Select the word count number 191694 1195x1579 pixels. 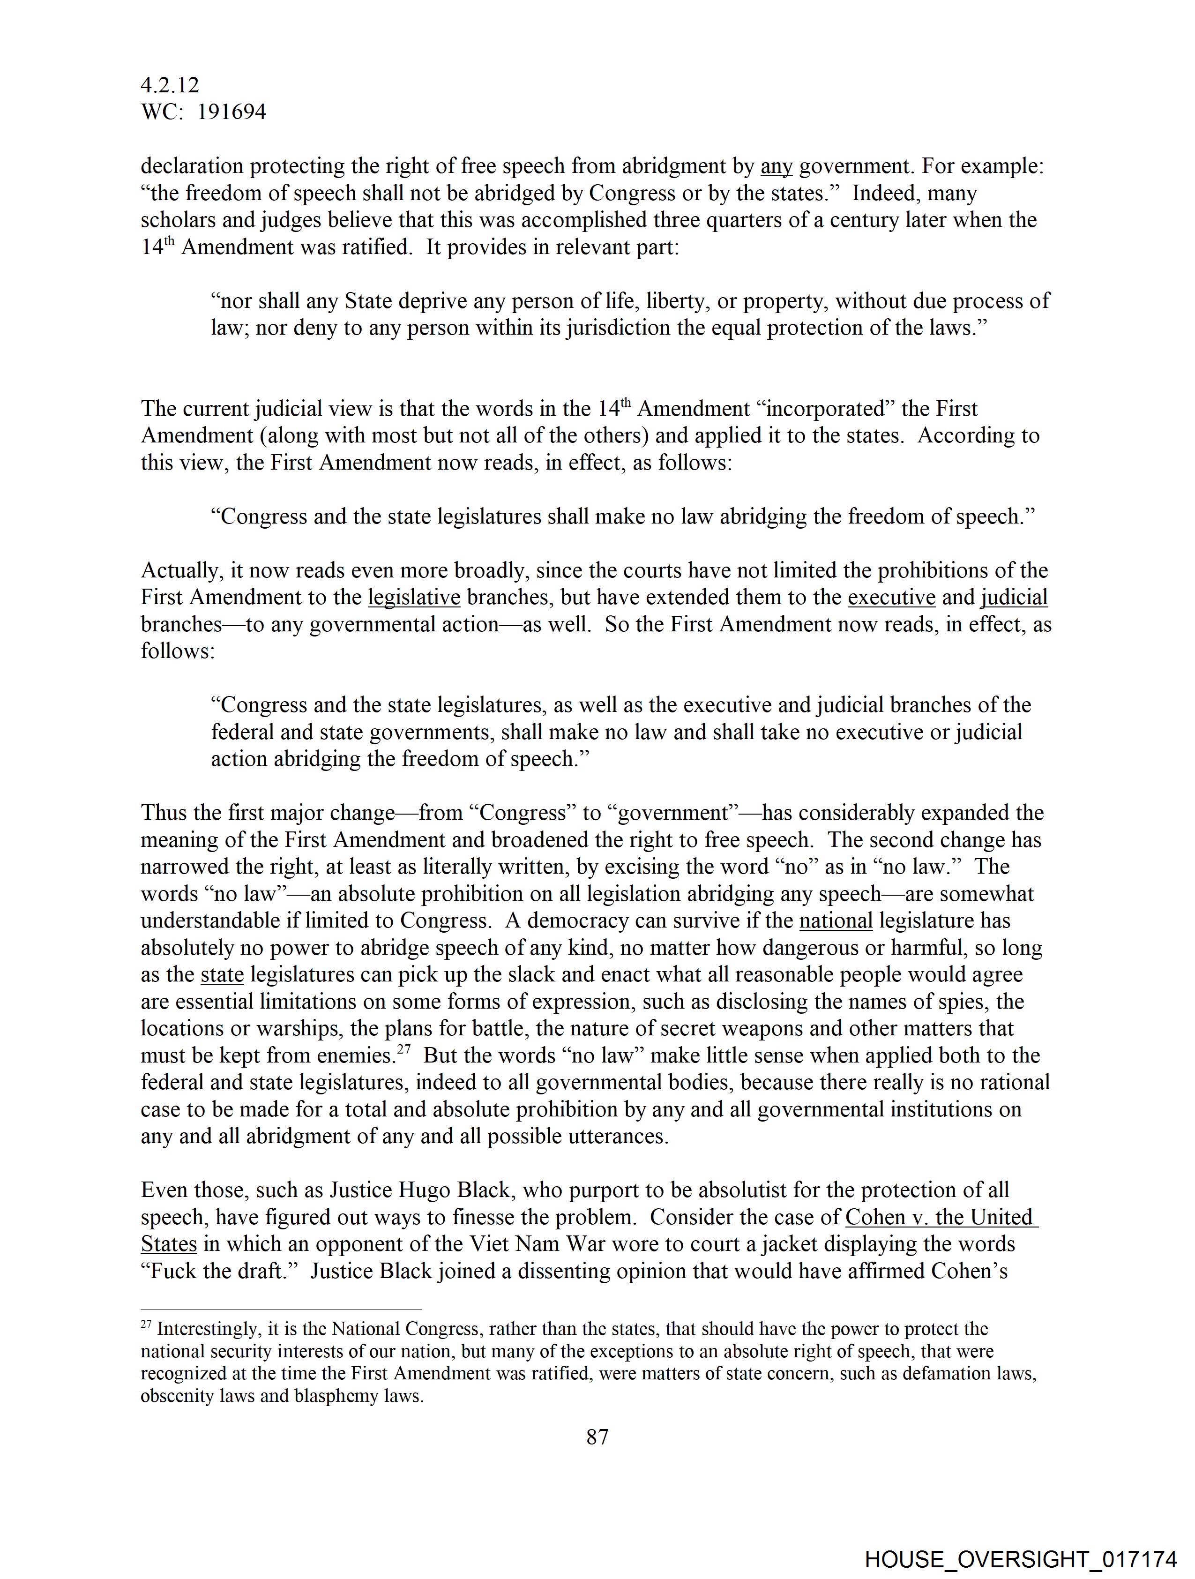(232, 112)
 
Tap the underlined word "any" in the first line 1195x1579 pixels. (777, 166)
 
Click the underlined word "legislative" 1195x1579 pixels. (414, 598)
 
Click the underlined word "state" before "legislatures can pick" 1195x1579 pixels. (222, 974)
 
